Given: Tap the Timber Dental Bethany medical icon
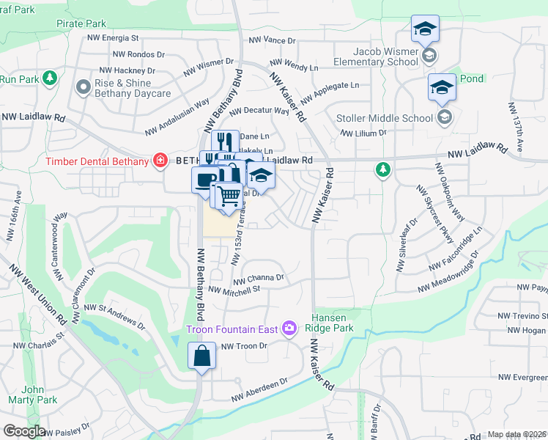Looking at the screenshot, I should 159,161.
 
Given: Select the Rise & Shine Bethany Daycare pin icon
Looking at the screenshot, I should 81,88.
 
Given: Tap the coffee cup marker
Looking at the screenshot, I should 204,180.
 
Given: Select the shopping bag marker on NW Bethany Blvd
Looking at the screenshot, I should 201,357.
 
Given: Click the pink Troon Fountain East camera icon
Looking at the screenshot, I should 290,328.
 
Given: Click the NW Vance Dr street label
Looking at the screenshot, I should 272,41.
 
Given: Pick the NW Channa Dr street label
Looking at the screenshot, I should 258,279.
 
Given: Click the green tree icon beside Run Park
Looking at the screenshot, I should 50,78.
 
